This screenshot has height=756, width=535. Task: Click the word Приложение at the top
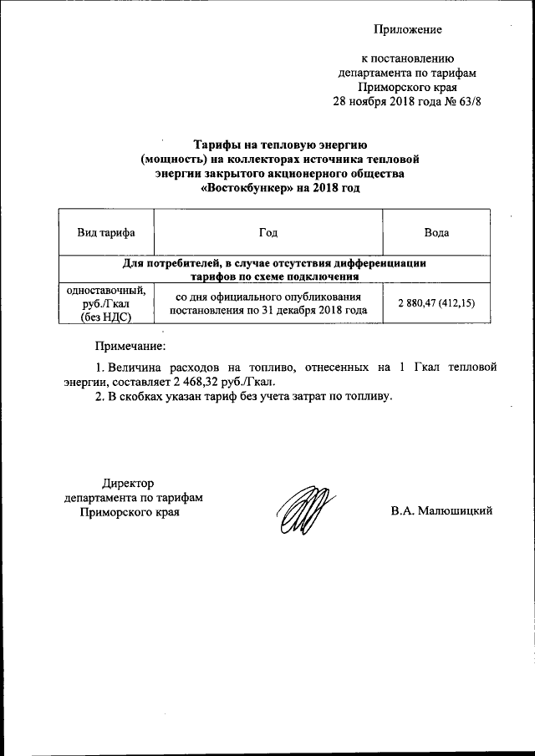407,29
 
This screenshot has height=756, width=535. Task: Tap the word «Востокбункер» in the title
247,190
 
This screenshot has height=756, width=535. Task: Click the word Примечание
130,345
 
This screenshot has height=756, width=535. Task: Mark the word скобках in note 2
140,396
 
